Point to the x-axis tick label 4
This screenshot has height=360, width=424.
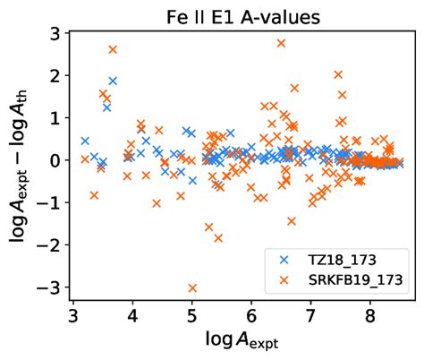tap(132, 316)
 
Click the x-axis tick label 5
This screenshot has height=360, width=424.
tap(192, 316)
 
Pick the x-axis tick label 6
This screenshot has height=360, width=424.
tap(251, 316)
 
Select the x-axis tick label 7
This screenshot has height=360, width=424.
tap(310, 316)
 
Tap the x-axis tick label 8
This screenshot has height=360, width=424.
tap(369, 316)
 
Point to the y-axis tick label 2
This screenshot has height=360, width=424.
tap(55, 76)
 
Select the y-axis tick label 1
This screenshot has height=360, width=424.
tap(55, 118)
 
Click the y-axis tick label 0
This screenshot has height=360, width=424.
tap(55, 160)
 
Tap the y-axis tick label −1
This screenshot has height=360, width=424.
tap(50, 202)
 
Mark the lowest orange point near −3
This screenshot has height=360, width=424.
tap(192, 287)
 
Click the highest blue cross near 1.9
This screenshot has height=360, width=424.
tap(113, 81)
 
